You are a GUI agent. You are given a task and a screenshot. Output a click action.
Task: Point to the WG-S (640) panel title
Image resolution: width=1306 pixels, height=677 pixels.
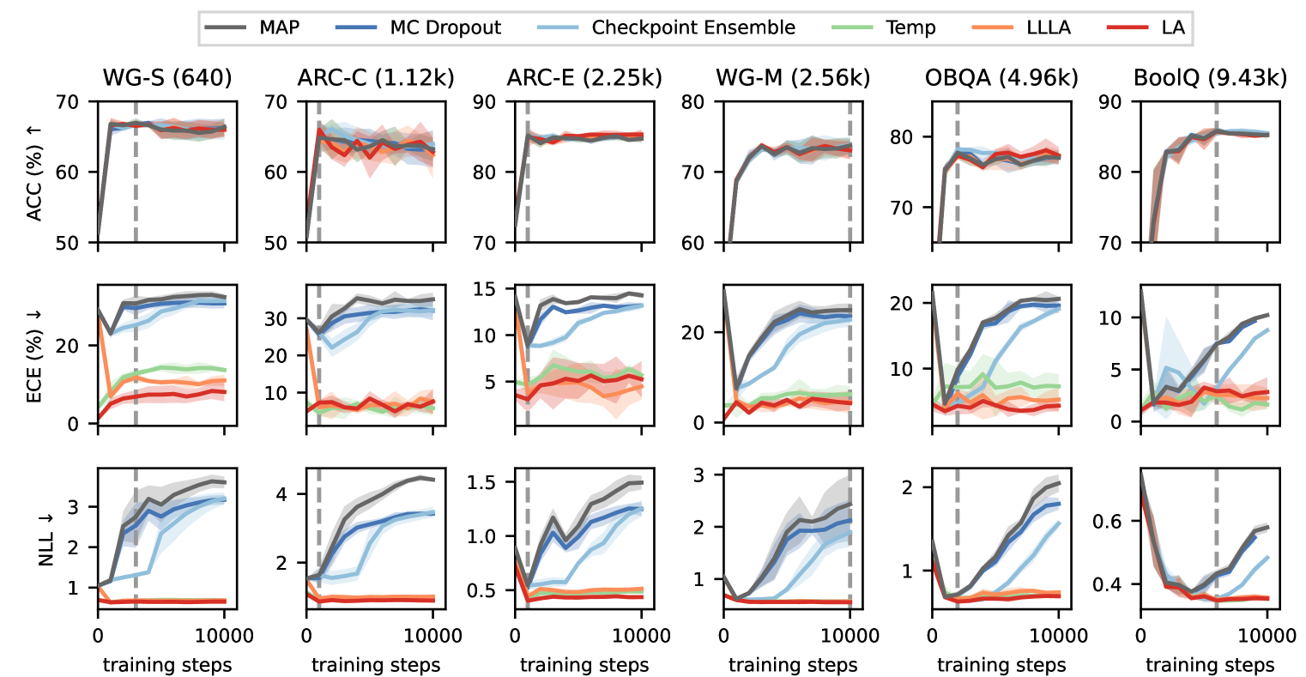(x=167, y=78)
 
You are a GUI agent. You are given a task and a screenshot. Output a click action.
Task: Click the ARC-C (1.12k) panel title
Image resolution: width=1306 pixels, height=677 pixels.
(x=376, y=78)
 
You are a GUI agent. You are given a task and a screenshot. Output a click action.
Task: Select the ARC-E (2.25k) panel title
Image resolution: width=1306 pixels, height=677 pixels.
(x=584, y=78)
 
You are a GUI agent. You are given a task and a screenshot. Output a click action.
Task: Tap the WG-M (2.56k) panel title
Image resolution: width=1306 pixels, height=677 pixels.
(x=793, y=78)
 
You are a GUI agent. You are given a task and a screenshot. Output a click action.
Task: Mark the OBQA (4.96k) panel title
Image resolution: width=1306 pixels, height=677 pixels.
(x=1001, y=78)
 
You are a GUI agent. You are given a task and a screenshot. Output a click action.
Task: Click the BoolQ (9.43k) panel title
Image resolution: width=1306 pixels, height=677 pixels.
(x=1210, y=78)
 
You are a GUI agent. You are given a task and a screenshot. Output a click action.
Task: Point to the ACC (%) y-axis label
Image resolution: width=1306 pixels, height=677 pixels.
(x=35, y=172)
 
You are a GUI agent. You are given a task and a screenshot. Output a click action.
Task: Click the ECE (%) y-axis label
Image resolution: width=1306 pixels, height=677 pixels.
(x=35, y=353)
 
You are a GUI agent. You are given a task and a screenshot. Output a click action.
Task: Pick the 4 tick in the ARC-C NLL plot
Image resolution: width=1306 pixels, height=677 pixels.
(x=287, y=493)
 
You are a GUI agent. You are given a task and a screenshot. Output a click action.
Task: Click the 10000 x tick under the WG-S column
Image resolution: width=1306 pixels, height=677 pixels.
(x=225, y=636)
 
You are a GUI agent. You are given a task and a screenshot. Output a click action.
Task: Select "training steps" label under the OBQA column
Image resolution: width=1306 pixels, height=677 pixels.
(x=1001, y=665)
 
